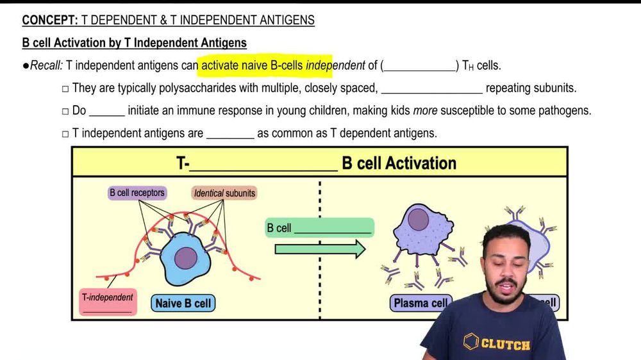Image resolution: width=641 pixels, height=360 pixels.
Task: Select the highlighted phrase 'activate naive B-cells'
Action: click(x=253, y=66)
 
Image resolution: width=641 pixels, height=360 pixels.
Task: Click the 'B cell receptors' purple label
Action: click(x=137, y=192)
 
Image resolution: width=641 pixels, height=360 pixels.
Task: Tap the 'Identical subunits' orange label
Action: click(x=224, y=193)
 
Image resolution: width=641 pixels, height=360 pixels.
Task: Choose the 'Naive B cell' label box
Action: click(x=183, y=303)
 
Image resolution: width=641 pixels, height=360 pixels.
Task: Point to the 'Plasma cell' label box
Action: click(x=420, y=303)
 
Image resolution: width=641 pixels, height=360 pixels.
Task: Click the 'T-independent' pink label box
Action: click(x=108, y=302)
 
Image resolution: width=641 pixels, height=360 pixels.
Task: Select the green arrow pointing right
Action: click(x=320, y=249)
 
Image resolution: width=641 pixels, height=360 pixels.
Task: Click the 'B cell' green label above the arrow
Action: click(x=319, y=228)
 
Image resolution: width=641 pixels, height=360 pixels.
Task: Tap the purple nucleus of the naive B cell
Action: click(x=186, y=258)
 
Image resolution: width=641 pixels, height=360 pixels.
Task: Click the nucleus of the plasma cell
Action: click(x=419, y=220)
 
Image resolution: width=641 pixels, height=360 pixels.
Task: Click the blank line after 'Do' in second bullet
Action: click(x=106, y=111)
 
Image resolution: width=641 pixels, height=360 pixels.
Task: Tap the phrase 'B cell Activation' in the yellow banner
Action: click(x=399, y=163)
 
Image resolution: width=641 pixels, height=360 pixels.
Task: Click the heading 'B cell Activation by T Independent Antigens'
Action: click(x=134, y=44)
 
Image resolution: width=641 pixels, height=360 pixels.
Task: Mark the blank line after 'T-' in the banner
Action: click(x=263, y=165)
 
